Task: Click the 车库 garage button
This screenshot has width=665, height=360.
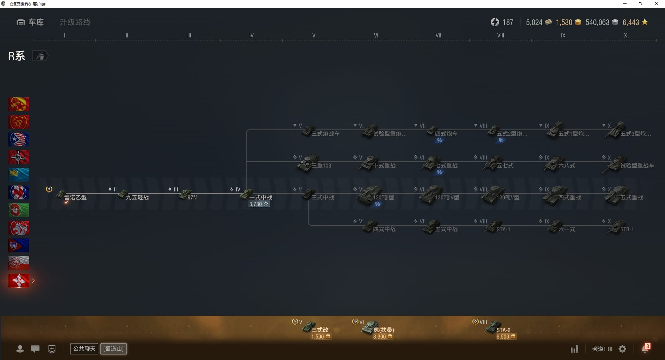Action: (x=30, y=22)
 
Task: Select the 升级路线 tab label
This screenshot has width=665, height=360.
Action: (x=75, y=22)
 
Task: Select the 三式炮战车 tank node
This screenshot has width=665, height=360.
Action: (x=320, y=133)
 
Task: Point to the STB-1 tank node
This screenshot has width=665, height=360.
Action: (x=622, y=228)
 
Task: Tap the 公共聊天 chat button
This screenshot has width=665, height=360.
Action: (x=84, y=349)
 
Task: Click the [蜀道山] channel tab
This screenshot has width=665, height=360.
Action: (x=114, y=349)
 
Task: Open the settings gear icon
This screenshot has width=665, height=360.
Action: (x=622, y=349)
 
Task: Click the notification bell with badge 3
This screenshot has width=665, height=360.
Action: (x=645, y=349)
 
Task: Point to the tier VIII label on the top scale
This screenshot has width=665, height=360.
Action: (x=500, y=35)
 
